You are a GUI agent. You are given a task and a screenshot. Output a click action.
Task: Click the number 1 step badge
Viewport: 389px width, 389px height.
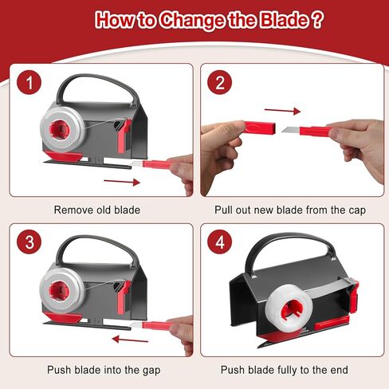coord(29,82)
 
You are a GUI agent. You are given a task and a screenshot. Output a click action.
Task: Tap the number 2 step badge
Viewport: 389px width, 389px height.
coord(219,82)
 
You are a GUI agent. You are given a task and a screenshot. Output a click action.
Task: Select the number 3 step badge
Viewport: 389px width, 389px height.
coord(29,242)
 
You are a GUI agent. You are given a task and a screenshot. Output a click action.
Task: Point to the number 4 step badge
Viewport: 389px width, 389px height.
coord(219,242)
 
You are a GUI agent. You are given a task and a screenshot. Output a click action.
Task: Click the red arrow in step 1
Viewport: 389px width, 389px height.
coord(122,182)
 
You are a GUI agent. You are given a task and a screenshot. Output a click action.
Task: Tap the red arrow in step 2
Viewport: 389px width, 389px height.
coord(283,111)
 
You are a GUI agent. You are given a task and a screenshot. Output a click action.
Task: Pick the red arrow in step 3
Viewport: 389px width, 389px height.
coord(130,340)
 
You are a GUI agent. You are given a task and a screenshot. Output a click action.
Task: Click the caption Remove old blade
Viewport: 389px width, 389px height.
coord(97,210)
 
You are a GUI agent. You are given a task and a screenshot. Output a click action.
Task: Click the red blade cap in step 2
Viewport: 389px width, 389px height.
coord(259,128)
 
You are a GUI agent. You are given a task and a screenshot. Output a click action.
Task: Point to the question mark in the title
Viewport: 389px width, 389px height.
coord(317,19)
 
